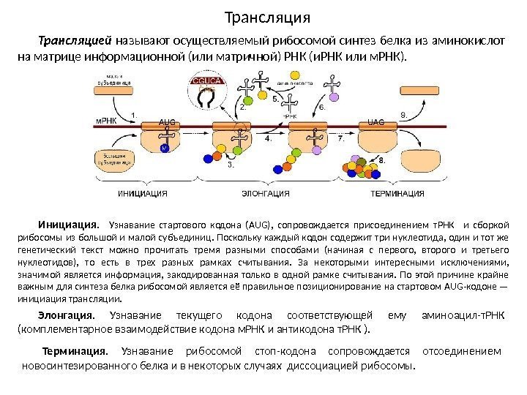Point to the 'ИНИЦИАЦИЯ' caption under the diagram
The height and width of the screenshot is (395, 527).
point(143,194)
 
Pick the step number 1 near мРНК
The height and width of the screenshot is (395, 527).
point(135,113)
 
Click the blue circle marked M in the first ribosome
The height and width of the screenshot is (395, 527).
point(165,148)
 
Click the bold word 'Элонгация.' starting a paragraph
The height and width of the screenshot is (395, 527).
point(66,315)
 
